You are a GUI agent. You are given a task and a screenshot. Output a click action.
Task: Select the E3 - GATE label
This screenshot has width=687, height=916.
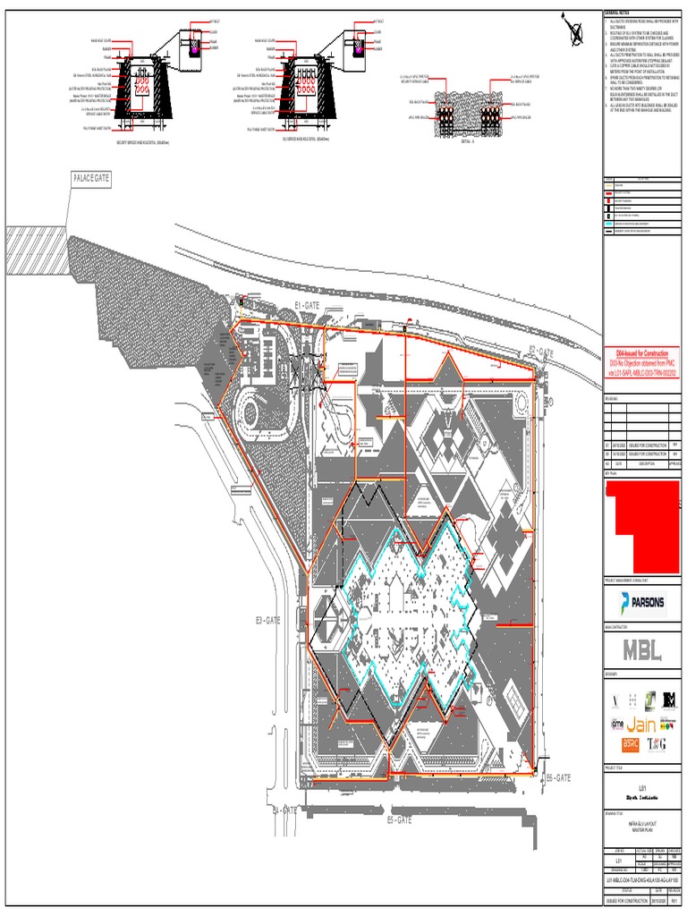(267, 619)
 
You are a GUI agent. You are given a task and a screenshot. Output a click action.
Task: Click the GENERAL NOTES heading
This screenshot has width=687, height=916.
(619, 12)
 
